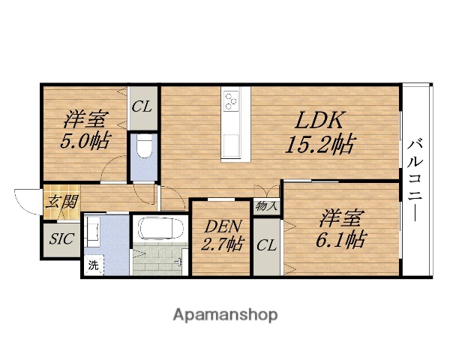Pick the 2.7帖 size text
[x=221, y=244]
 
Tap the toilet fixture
[x=143, y=149]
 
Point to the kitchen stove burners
[x=232, y=100]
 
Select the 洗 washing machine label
[x=93, y=264]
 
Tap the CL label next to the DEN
[x=266, y=244]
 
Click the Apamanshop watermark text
[x=225, y=313]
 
